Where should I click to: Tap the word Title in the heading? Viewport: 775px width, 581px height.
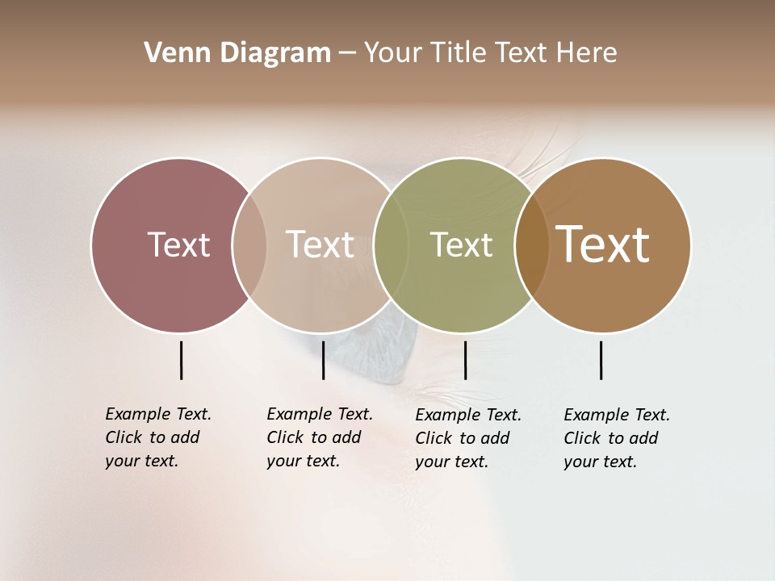459,53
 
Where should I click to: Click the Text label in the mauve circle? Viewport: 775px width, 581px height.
178,245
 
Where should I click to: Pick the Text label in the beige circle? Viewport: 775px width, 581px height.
320,245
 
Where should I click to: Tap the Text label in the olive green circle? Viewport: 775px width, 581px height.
461,245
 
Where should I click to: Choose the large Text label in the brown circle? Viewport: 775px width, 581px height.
603,245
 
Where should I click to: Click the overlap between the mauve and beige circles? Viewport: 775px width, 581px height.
249,245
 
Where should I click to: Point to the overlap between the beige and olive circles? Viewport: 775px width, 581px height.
391,245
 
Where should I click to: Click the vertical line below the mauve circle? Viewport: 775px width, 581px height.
181,360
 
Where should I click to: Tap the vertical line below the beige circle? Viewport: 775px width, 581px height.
323,360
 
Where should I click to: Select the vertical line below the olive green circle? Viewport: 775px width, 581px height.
465,360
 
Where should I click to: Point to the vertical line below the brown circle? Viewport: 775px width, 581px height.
601,360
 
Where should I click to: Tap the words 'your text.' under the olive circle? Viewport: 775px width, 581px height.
451,462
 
